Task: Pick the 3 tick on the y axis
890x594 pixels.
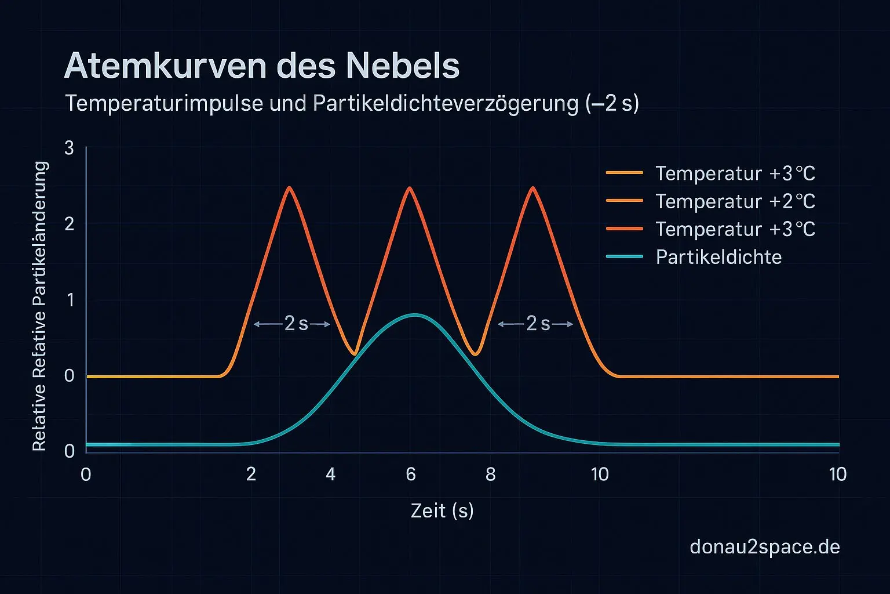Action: point(70,148)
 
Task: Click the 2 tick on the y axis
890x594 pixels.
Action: point(70,224)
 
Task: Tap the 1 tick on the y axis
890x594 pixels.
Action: point(70,300)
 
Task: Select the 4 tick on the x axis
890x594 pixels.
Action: point(331,475)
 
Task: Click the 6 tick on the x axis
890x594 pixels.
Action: point(411,475)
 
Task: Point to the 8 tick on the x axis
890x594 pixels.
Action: point(491,475)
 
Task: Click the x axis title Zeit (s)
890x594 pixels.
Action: point(442,510)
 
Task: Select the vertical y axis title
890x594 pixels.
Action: point(39,306)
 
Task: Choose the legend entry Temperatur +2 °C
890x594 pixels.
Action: point(735,201)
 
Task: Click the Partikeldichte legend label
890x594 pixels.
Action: point(718,257)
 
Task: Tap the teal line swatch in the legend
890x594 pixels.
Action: point(625,257)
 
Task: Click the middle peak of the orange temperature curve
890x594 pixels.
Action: point(410,188)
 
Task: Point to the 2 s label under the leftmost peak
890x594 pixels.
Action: point(296,324)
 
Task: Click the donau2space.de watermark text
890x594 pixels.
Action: point(765,546)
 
